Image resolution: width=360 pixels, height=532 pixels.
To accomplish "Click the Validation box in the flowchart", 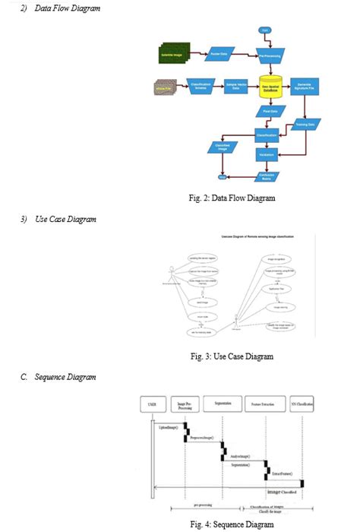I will [266, 154].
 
